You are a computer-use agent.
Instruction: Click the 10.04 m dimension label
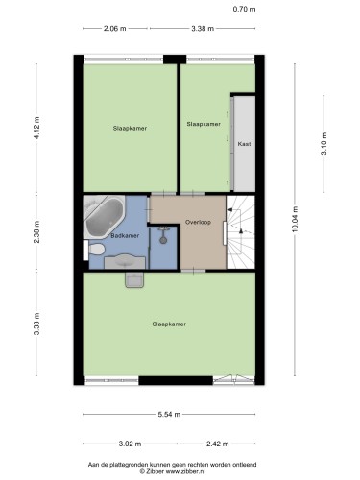[x=295, y=219]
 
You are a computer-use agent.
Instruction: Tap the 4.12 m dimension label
[x=36, y=128]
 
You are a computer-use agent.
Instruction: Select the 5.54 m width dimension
[x=169, y=415]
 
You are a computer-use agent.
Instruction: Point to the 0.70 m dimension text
[x=244, y=9]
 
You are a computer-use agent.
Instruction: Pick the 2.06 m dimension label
[x=115, y=28]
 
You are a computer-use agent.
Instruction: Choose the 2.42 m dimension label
[x=217, y=444]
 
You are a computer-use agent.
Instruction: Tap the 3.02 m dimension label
[x=130, y=444]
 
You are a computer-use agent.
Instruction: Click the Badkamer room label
[x=125, y=236]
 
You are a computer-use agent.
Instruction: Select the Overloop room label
[x=198, y=222]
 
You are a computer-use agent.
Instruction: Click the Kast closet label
[x=244, y=144]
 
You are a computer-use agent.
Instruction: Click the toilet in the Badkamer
[x=96, y=249]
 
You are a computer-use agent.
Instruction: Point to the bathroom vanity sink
[x=125, y=261]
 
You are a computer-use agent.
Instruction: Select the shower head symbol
[x=163, y=238]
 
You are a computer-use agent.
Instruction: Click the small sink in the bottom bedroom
[x=134, y=280]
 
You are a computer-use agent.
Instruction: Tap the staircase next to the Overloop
[x=241, y=232]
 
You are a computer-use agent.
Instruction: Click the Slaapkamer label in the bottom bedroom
[x=169, y=324]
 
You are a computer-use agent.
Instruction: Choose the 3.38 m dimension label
[x=203, y=28]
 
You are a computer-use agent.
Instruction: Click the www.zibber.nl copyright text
[x=173, y=471]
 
